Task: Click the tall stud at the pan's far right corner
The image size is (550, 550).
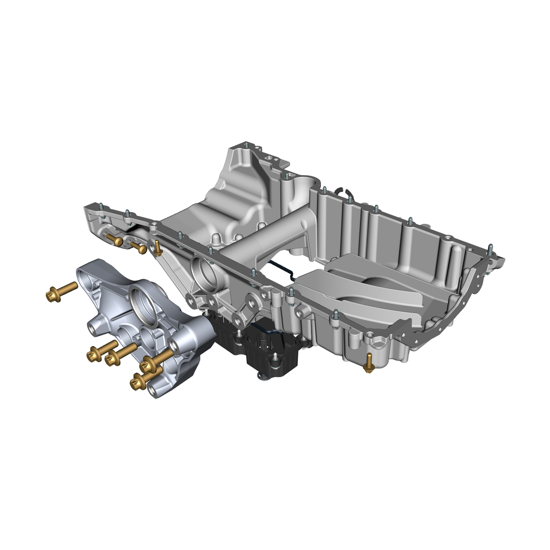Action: tap(489, 250)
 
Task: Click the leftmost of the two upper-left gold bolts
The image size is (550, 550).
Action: tap(114, 239)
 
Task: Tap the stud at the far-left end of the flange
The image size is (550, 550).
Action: tap(99, 211)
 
